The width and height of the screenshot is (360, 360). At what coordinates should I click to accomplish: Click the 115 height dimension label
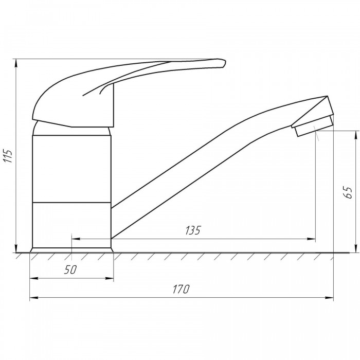8,156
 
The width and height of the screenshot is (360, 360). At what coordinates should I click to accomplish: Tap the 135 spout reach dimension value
193,230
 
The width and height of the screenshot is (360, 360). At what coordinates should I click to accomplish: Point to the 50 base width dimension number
70,269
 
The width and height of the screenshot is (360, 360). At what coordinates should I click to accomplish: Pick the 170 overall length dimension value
181,289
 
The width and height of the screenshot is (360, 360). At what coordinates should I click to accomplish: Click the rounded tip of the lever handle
224,63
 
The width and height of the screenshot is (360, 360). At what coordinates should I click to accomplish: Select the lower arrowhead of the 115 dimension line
16,248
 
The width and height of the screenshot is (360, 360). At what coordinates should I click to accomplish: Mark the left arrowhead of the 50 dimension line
34,279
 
